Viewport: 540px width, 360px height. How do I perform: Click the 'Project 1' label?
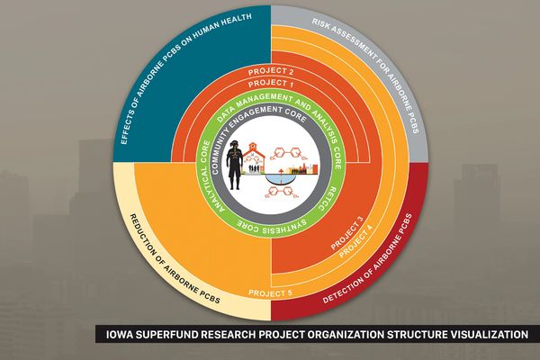click(x=272, y=84)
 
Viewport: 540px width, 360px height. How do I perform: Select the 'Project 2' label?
click(x=272, y=70)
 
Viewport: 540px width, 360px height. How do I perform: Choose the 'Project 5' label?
click(x=270, y=292)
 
